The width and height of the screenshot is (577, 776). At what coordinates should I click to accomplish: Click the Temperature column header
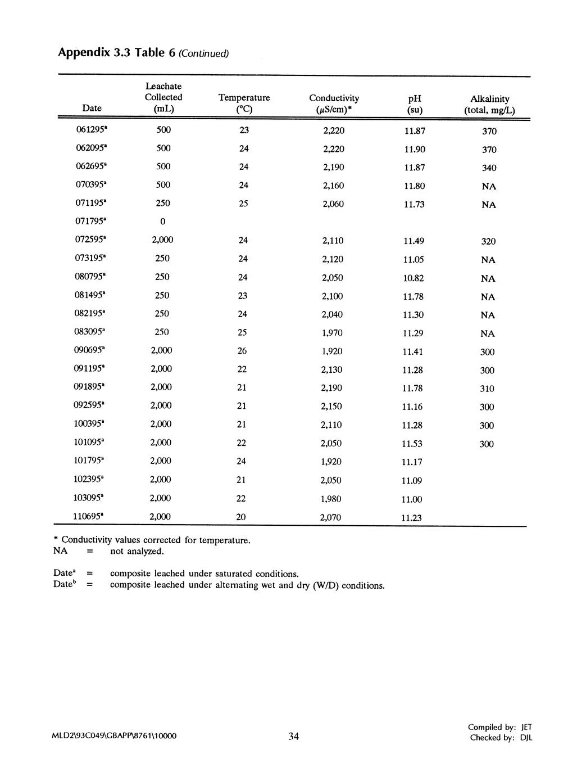click(x=244, y=103)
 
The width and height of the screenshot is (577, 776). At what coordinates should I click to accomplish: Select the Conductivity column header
click(x=334, y=103)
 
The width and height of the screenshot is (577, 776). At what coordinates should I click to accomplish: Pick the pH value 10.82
click(x=413, y=278)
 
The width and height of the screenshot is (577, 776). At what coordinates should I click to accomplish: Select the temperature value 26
click(x=242, y=351)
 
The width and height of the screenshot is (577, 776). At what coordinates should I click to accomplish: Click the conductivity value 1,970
click(x=331, y=333)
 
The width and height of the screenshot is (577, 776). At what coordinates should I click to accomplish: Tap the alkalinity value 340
click(x=489, y=168)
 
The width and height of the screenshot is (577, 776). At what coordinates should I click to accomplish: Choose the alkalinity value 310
click(x=487, y=389)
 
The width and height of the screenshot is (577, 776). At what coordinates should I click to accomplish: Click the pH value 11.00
click(x=412, y=499)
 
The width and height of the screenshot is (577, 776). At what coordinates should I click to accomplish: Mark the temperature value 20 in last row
click(x=241, y=517)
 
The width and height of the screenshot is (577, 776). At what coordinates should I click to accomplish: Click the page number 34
click(x=293, y=737)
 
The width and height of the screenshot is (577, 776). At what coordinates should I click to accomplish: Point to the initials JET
click(x=526, y=727)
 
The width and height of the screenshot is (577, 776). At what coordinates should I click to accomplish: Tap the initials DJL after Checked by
click(x=526, y=738)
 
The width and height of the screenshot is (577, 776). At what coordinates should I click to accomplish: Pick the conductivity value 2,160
click(x=333, y=186)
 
